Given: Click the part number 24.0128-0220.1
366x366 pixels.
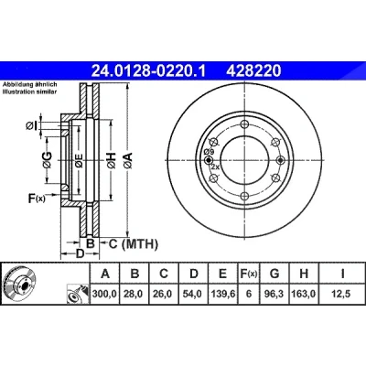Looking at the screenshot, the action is click(x=149, y=70).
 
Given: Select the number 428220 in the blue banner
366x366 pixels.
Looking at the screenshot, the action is click(x=253, y=70).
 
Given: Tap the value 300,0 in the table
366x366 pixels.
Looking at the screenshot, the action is click(x=104, y=294).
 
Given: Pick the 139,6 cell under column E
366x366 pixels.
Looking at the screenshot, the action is click(x=223, y=294).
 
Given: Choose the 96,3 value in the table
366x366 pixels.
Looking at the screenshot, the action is click(x=274, y=294).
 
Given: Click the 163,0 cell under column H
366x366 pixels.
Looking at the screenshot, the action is click(x=304, y=294).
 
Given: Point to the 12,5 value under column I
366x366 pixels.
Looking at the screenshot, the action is click(x=341, y=294).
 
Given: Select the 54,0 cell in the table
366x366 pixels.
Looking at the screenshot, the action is click(x=193, y=294).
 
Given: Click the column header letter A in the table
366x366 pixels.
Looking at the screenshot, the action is click(x=104, y=274).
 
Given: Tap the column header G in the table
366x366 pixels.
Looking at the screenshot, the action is click(x=274, y=274).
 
